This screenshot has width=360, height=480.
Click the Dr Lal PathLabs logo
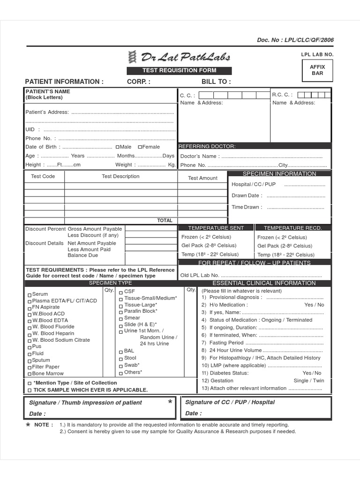point(179,58)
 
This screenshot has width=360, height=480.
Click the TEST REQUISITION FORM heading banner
point(179,71)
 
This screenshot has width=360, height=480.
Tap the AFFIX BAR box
point(317,70)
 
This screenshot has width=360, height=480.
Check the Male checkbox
point(117,147)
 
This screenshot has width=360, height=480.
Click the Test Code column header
point(43,176)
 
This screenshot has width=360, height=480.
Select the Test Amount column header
point(202,178)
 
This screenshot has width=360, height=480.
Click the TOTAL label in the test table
point(165,220)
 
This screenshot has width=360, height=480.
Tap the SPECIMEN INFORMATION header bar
point(279,174)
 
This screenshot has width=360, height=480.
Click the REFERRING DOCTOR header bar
point(207,146)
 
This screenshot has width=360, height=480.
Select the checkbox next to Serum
point(30,295)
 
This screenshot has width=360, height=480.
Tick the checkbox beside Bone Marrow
point(30,374)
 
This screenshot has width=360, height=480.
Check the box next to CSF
point(121,292)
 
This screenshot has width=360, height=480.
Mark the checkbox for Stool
point(121,359)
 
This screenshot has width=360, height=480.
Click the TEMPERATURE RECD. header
point(292,228)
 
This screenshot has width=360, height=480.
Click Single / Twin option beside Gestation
point(308,381)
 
